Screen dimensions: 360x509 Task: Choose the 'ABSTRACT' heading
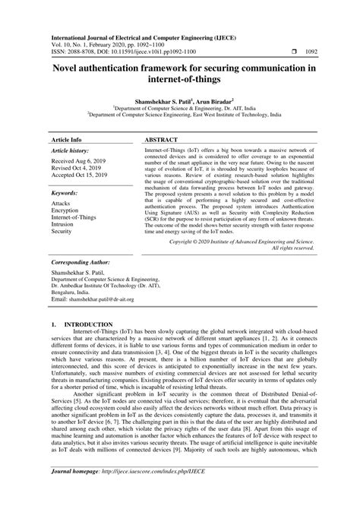[x=163, y=120]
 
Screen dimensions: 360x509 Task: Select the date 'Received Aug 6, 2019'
[x=79, y=142]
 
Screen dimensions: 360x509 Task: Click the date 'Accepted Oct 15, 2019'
[x=82, y=157]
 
